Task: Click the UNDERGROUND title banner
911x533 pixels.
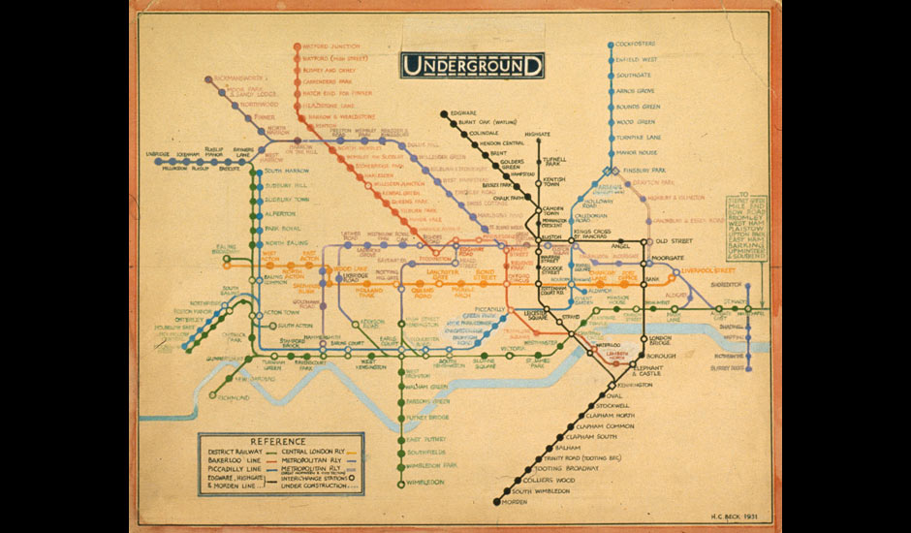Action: click(x=473, y=66)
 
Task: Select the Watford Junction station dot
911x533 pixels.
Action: click(x=297, y=46)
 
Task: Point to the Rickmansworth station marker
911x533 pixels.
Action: click(x=207, y=78)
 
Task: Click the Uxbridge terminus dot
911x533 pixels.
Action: click(x=157, y=162)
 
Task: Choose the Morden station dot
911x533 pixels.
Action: click(x=496, y=503)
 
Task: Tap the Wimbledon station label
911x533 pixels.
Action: click(x=426, y=482)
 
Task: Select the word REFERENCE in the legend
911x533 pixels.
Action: click(x=278, y=442)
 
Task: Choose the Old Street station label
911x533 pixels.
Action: click(x=675, y=240)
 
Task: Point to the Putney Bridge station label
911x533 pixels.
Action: click(x=426, y=418)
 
